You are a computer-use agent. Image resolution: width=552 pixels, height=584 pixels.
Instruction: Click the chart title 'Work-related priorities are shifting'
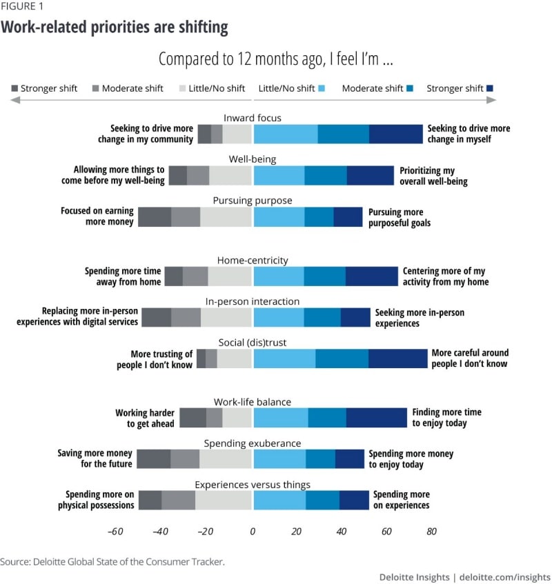point(115,28)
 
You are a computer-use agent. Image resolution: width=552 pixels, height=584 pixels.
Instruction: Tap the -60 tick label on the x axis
point(115,532)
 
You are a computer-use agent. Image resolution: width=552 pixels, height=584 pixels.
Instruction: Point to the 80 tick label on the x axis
point(431,532)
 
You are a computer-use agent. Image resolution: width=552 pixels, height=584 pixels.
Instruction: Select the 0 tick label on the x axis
point(253,532)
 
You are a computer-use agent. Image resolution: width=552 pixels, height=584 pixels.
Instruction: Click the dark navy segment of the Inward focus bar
point(395,134)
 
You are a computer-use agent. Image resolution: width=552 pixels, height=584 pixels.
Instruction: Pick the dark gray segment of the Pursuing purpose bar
point(155,217)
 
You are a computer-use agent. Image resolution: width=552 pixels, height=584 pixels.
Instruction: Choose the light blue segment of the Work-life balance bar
point(281,418)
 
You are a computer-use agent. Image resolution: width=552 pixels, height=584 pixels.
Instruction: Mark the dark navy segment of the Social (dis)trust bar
point(397,359)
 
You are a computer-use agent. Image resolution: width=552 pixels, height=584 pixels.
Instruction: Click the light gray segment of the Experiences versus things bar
point(224,500)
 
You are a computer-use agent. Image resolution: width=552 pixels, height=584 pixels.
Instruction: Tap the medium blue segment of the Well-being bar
point(326,175)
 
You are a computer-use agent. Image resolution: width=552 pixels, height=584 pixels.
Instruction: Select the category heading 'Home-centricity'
point(253,261)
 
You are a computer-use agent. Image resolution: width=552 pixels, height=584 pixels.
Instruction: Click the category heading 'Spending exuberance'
point(253,443)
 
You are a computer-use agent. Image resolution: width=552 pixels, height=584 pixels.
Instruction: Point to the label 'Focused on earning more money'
point(97,217)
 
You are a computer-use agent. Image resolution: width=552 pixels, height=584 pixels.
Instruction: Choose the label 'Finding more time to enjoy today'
point(447,418)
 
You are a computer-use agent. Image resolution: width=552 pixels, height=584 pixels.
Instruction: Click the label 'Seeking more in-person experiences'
point(420,318)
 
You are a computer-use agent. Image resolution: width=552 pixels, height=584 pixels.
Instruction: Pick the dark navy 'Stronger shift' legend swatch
point(491,88)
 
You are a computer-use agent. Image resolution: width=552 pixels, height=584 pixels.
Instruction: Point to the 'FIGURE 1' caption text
point(23,8)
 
